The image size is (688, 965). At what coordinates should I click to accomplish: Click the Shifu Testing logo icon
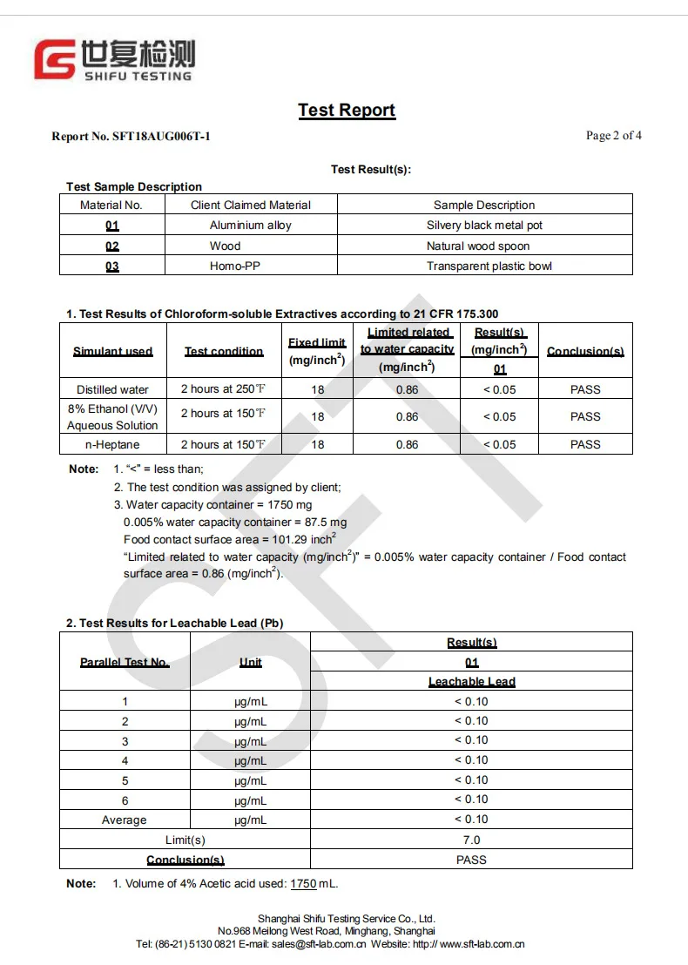[x=54, y=60]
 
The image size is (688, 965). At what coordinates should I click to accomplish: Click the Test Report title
[x=347, y=111]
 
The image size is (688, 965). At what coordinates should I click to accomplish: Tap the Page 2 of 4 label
[x=614, y=136]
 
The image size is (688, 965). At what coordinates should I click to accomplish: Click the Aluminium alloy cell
[x=251, y=226]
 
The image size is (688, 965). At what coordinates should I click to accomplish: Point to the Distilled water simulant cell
[x=112, y=390]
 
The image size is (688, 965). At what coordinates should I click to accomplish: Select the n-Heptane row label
[x=112, y=445]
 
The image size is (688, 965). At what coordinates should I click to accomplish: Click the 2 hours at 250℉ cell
[x=223, y=389]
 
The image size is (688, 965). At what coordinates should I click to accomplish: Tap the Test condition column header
[x=224, y=352]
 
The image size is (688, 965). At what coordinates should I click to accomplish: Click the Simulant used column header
[x=112, y=352]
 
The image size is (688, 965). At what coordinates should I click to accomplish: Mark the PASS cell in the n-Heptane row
[x=585, y=445]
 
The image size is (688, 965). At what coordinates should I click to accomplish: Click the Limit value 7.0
[x=471, y=840]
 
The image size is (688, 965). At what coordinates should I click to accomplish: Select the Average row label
[x=125, y=820]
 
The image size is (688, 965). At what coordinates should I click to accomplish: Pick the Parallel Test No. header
[x=125, y=663]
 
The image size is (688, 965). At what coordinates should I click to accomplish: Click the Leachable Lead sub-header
[x=471, y=682]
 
